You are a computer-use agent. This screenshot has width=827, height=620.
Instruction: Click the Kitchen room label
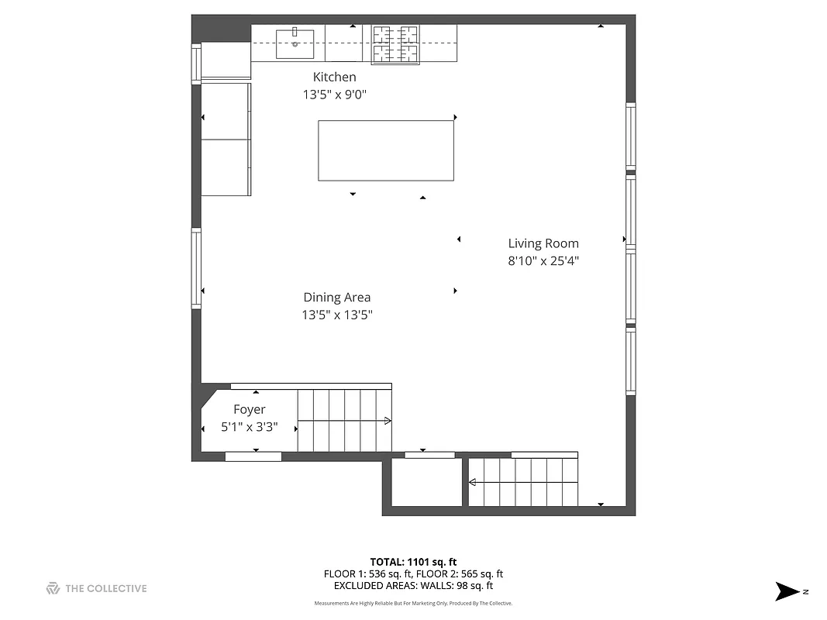pyautogui.click(x=334, y=77)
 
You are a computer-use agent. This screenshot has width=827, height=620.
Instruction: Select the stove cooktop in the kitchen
pyautogui.click(x=395, y=43)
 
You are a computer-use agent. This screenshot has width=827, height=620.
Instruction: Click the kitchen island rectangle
pyautogui.click(x=386, y=150)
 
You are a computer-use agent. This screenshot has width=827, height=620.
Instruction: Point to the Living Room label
pyautogui.click(x=543, y=243)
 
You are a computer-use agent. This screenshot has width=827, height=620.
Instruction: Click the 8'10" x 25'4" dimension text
pyautogui.click(x=543, y=261)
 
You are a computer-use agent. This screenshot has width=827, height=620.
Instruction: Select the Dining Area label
pyautogui.click(x=336, y=297)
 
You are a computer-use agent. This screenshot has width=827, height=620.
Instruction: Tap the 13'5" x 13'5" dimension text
pyautogui.click(x=337, y=315)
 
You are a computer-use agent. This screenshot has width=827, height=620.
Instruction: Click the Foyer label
pyautogui.click(x=250, y=409)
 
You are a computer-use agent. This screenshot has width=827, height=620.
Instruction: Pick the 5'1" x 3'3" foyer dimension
pyautogui.click(x=250, y=427)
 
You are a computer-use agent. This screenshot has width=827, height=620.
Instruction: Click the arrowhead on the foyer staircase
pyautogui.click(x=387, y=421)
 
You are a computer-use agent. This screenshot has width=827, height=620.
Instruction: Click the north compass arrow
pyautogui.click(x=787, y=591)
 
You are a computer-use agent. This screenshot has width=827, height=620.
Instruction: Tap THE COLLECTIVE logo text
pyautogui.click(x=105, y=588)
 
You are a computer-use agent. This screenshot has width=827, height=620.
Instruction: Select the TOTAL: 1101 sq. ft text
pyautogui.click(x=413, y=561)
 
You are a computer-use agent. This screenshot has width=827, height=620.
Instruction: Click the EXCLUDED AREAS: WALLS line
pyautogui.click(x=413, y=586)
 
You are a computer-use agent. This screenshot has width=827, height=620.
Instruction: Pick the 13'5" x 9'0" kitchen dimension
pyautogui.click(x=334, y=95)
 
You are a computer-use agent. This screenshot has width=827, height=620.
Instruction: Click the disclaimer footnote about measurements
pyautogui.click(x=413, y=603)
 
